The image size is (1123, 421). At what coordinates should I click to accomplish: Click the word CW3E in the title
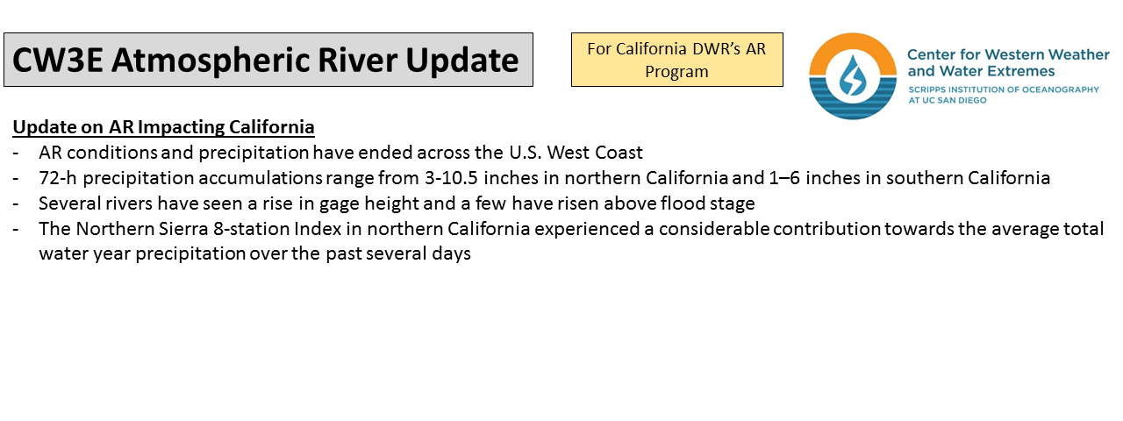[58, 61]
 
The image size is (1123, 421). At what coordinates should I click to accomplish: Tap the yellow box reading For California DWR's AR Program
[676, 60]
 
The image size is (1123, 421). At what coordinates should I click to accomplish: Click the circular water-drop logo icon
[852, 76]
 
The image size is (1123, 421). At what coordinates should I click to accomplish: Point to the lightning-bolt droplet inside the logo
[852, 75]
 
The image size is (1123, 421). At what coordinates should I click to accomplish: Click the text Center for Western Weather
[1008, 54]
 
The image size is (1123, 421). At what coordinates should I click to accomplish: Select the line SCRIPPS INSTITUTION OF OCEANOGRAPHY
[1004, 89]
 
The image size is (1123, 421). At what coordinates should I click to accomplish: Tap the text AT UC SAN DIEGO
[948, 100]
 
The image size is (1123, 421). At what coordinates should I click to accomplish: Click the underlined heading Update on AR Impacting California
[163, 127]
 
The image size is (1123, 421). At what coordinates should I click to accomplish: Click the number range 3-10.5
[451, 178]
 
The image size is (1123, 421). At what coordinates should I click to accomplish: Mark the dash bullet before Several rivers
[16, 204]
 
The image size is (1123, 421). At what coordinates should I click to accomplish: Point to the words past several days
[398, 253]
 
